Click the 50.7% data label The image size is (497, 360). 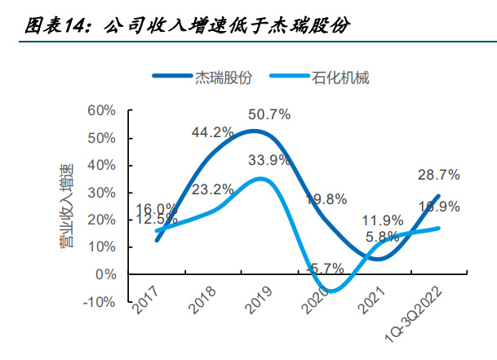pos(269,114)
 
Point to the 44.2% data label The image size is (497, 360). pos(213,131)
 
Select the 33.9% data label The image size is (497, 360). pos(268,160)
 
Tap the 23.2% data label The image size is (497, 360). pos(214,189)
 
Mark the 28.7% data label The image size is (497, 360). pos(439,175)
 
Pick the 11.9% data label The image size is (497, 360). pos(381,220)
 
